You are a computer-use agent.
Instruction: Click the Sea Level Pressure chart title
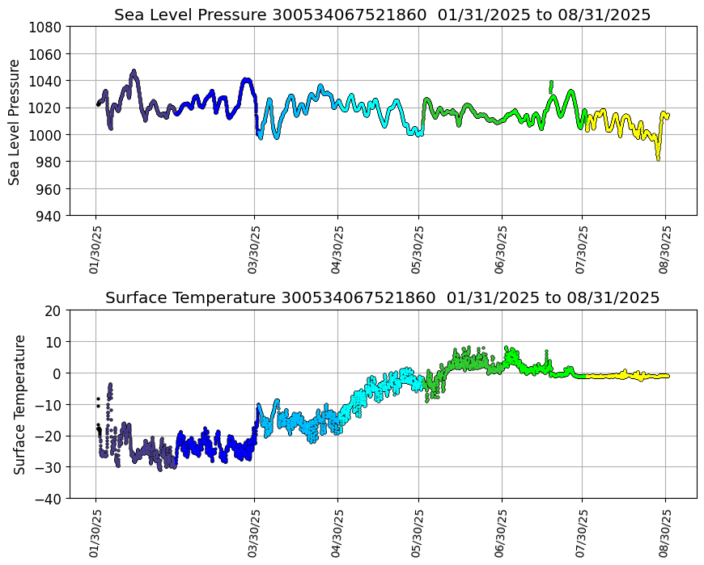pos(382,15)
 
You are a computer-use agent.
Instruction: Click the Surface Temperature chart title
pos(382,297)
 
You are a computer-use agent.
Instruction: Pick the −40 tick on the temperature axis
pos(50,499)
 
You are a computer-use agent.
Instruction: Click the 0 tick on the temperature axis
pos(58,373)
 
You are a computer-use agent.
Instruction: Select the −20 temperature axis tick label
pos(50,436)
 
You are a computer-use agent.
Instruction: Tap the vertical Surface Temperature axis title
pos(19,404)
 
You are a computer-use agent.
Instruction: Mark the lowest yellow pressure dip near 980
pos(658,158)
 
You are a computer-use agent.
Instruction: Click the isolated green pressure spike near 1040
pos(551,83)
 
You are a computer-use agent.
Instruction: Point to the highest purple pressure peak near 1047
pos(134,72)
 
